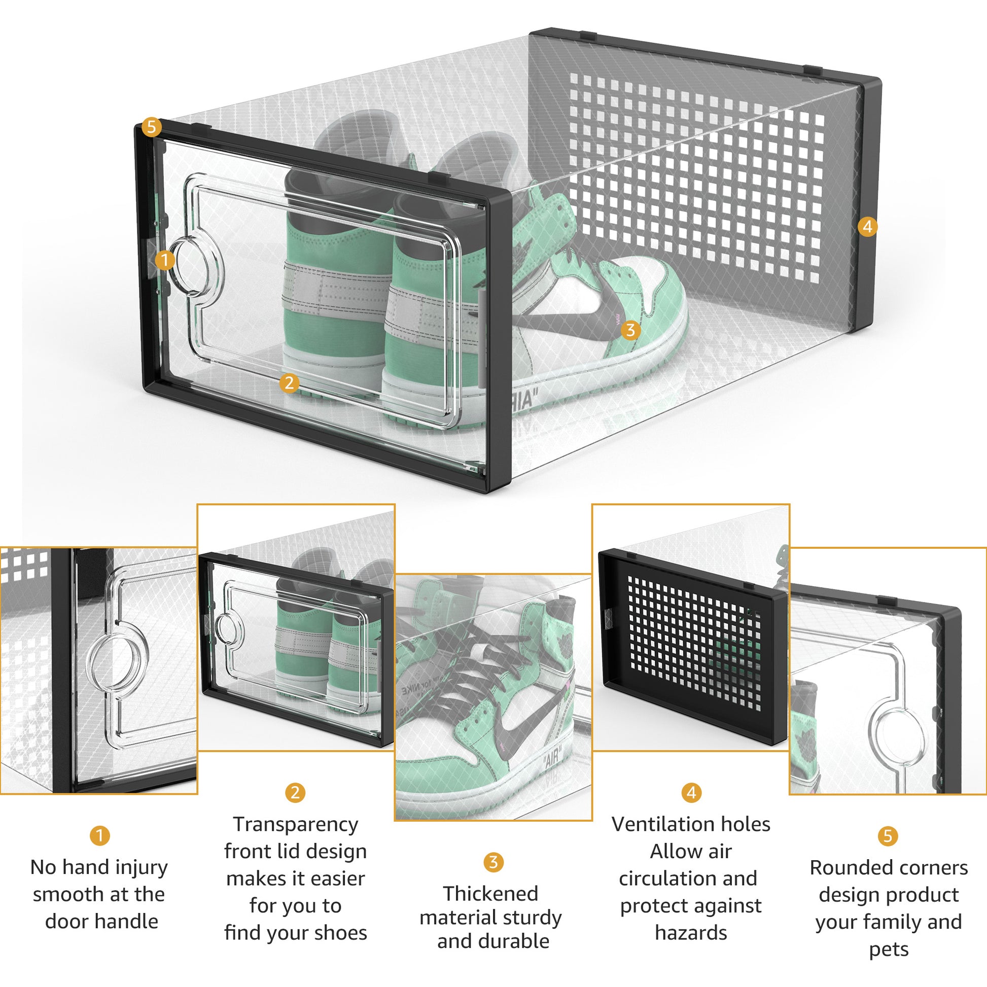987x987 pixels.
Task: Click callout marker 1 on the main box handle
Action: tap(164, 260)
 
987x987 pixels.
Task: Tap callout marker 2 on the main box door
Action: tap(289, 382)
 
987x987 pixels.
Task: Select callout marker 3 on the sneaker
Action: tap(630, 330)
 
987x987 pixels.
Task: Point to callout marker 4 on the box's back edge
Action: tap(867, 226)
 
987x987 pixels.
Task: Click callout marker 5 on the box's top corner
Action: tap(151, 127)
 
